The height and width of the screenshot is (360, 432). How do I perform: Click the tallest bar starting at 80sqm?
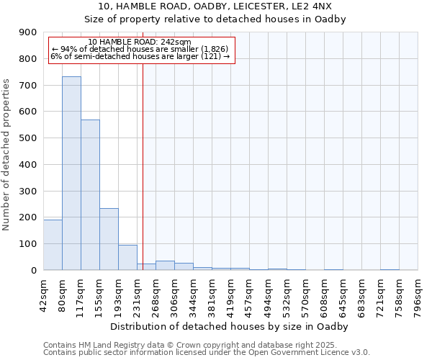pos(71,173)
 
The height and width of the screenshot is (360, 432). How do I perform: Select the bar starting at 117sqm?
pos(90,194)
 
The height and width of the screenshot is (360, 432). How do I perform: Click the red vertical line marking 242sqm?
pos(143,166)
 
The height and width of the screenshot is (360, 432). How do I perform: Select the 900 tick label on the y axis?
pos(28,32)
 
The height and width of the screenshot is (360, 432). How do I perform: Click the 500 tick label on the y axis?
pos(28,138)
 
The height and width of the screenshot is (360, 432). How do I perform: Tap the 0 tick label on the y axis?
pos(33,270)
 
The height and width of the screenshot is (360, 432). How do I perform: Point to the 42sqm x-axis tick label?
pos(43,294)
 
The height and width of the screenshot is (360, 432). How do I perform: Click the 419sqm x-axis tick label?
pos(230,294)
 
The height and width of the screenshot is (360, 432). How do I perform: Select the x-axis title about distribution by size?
pos(230,326)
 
